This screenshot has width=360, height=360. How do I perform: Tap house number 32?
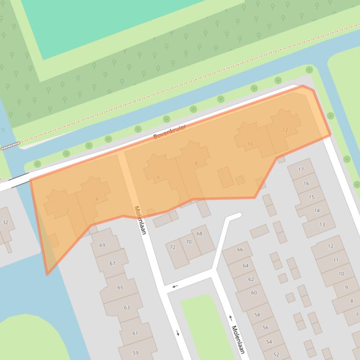pyautogui.click(x=5, y=223)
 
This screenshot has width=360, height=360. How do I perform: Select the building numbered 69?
pyautogui.click(x=102, y=245)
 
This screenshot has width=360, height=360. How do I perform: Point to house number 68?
pyautogui.click(x=199, y=233)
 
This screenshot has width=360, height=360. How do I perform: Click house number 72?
pyautogui.click(x=172, y=247)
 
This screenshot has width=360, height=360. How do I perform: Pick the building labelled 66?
pyautogui.click(x=240, y=250)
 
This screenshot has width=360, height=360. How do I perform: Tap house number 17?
pyautogui.click(x=301, y=169)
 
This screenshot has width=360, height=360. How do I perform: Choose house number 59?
pyautogui.click(x=135, y=353)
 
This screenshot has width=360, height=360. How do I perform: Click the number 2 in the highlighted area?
pyautogui.click(x=68, y=211)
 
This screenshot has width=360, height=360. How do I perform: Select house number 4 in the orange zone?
pyautogui.click(x=96, y=199)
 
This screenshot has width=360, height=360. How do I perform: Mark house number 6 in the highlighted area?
pyautogui.click(x=158, y=177)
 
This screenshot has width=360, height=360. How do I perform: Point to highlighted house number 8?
pyautogui.click(x=196, y=163)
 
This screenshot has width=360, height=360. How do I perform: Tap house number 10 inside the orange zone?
pyautogui.click(x=250, y=144)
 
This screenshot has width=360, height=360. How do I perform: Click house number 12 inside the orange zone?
pyautogui.click(x=285, y=130)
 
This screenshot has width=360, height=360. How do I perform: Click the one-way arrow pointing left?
pyautogui.click(x=175, y=286)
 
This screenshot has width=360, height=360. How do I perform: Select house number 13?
pyautogui.click(x=322, y=224)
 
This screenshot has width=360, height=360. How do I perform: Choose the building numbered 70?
pyautogui.click(x=189, y=242)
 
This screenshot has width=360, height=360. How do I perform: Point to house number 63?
pyautogui.click(x=126, y=308)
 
